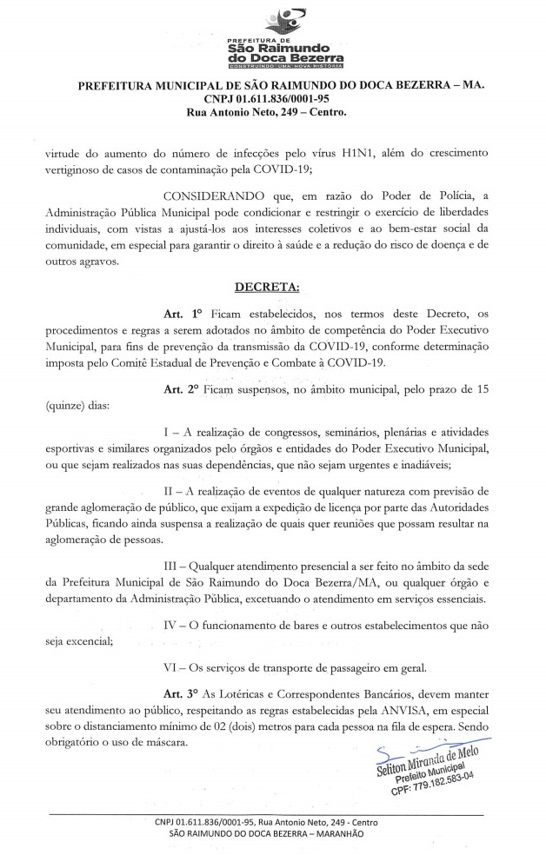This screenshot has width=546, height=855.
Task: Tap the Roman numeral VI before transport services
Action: [x=172, y=667]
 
